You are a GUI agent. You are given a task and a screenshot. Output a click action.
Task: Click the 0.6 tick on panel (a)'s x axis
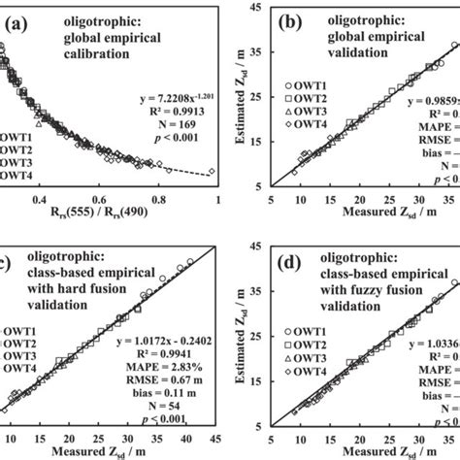99,201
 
